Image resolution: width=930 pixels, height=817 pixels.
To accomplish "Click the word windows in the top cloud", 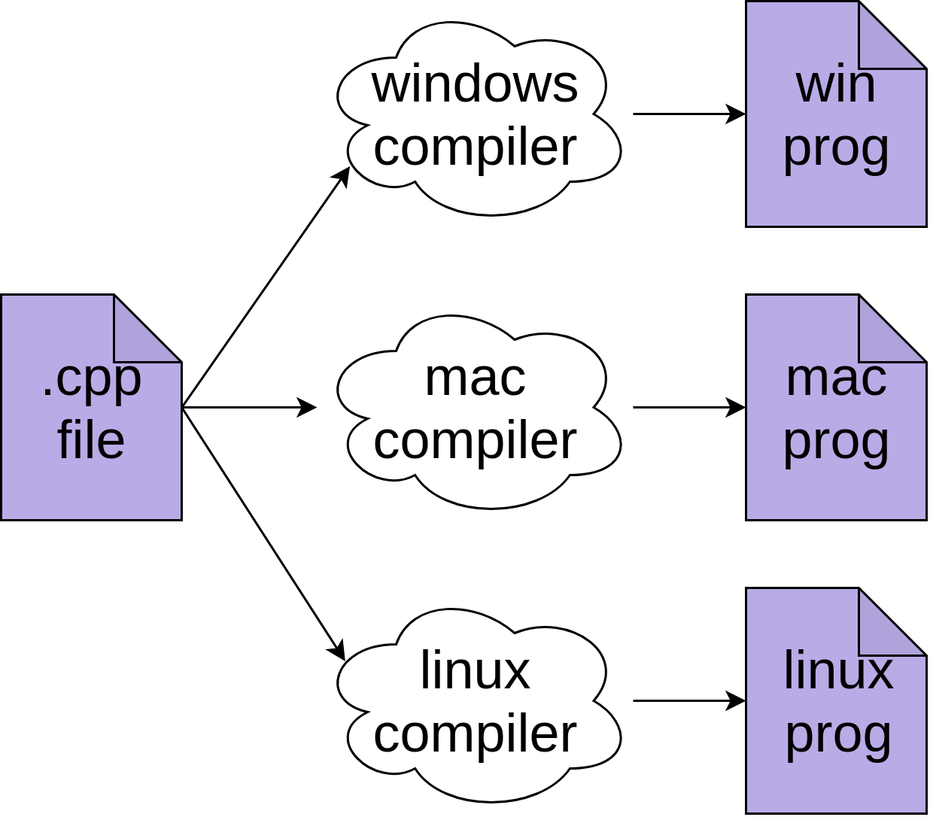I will (475, 84).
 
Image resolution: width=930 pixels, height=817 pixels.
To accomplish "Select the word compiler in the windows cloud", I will (475, 147).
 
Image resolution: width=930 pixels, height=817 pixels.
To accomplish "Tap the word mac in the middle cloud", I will (475, 378).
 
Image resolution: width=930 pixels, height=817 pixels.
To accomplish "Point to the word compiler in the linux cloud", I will (475, 734).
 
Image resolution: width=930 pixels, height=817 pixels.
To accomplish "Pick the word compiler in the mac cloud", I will (475, 441).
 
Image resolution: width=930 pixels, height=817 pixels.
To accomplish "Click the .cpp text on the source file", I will (91, 379).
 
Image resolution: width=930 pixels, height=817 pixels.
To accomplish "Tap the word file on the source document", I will (91, 441).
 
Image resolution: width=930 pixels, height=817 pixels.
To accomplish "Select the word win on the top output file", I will (836, 84).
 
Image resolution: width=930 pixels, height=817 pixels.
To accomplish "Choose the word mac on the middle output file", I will (836, 378).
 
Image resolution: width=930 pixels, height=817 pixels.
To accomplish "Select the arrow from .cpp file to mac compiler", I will (248, 408).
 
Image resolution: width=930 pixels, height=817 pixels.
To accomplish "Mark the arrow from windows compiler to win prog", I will (688, 114).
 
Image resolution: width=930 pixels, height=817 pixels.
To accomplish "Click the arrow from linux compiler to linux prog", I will (688, 701).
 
